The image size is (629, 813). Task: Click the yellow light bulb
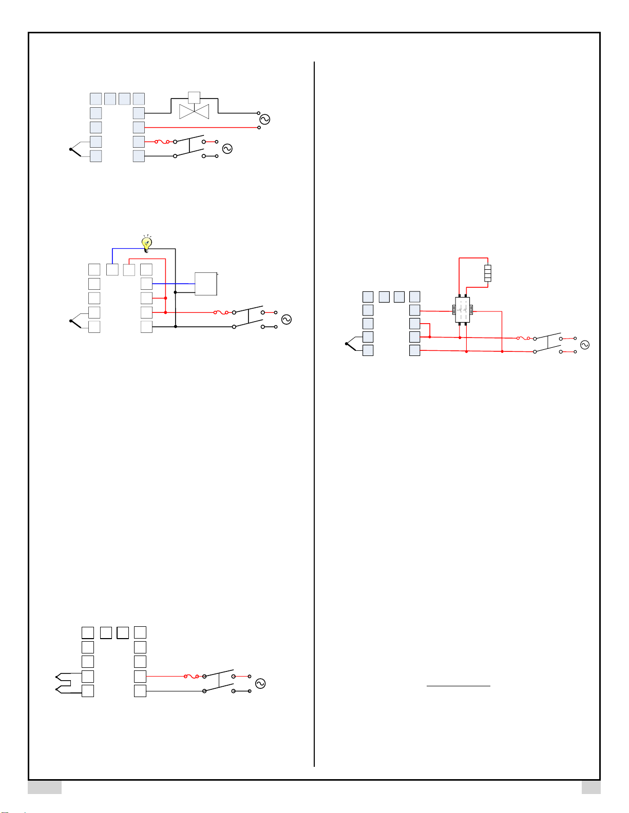coord(147,243)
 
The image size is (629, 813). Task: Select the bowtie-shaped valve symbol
coord(194,111)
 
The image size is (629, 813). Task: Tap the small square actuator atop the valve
coord(194,97)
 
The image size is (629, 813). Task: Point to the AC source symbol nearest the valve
coord(264,119)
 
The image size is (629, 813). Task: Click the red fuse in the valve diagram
coord(162,142)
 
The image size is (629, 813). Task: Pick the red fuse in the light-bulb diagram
coord(221,312)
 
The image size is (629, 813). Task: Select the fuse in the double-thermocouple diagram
coord(192,677)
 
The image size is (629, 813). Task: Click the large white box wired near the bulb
coord(206,284)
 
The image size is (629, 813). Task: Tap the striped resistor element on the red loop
coord(487,272)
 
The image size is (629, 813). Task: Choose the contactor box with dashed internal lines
coord(463,310)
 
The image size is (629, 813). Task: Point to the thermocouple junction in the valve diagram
coord(71,149)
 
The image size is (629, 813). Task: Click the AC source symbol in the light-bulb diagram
coord(287,319)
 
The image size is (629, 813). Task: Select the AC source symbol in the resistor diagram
coord(584,345)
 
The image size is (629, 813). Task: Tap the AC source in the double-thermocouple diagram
coord(260,683)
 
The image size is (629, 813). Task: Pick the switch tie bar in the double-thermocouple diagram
coord(219,680)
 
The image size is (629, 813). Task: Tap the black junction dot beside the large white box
coord(176,292)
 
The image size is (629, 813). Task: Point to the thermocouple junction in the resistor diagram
coord(347,344)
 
